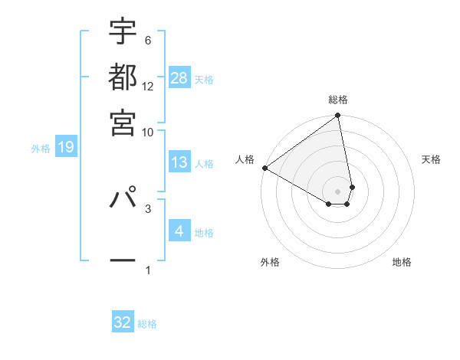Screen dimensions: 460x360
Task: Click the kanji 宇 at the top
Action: [123, 31]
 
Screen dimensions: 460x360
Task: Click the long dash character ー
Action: [123, 260]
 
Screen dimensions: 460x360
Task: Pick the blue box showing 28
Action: [179, 77]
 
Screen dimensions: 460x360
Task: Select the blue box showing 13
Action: [179, 162]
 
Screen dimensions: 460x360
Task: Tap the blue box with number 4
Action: [179, 231]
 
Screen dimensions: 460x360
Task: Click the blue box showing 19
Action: [66, 147]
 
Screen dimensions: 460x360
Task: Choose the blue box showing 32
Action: [123, 322]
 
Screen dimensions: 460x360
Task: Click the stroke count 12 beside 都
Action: [148, 86]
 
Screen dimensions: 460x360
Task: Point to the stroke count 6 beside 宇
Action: [147, 41]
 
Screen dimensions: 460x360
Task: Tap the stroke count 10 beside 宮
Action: [148, 132]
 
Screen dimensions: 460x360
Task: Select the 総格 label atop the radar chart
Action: [338, 100]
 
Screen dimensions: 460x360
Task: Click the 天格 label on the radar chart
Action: [431, 159]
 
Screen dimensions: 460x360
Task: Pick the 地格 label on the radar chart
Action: [402, 262]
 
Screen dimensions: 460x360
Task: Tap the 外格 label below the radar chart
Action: [270, 262]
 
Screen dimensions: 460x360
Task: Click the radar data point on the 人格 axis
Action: [264, 168]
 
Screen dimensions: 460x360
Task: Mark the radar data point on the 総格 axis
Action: [338, 116]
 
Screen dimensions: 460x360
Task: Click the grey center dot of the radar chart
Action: [338, 191]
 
